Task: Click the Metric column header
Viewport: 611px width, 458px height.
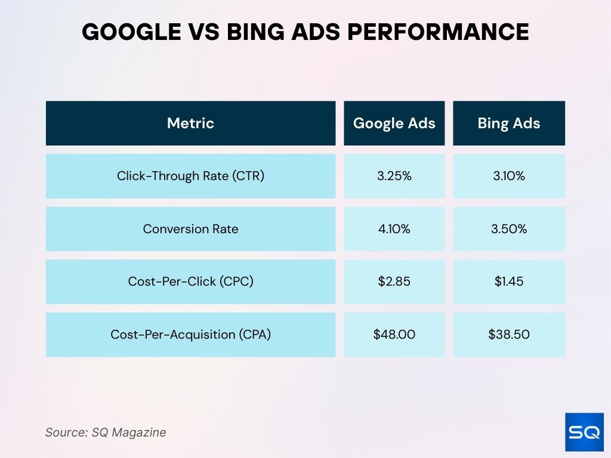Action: coord(190,123)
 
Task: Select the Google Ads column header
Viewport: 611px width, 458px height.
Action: coord(394,123)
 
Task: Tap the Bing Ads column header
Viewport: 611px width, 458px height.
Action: coord(508,123)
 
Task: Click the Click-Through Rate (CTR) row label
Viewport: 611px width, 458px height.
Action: coord(190,176)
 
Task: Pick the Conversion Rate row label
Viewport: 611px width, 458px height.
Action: coord(190,229)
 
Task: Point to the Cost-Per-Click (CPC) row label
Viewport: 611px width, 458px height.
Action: coord(190,281)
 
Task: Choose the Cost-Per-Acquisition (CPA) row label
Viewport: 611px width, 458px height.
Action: coord(190,335)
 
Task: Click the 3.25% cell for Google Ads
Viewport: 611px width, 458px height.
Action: coord(394,176)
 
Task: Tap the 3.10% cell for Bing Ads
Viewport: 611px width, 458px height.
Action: coord(508,176)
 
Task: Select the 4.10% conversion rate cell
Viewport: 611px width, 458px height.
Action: coord(394,229)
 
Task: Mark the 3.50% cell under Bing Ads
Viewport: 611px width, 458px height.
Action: coord(508,229)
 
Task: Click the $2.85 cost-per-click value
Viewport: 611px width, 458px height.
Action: coord(394,281)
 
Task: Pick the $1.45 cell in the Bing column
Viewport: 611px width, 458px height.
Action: coord(508,281)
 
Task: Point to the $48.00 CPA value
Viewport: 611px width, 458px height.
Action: coord(394,335)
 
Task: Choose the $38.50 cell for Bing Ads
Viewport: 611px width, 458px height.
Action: coord(508,335)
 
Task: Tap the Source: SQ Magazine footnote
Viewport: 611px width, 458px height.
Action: coord(106,432)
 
